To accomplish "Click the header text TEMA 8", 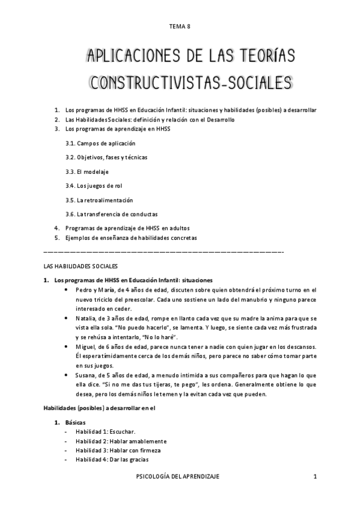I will point(180,26).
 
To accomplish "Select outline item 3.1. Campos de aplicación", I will point(100,143).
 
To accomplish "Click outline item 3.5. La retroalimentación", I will point(99,200).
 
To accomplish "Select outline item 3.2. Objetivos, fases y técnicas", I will point(106,157).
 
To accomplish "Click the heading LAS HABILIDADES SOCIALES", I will point(81,265).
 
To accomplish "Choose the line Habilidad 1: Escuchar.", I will point(105,432).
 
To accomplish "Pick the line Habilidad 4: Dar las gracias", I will point(109,459).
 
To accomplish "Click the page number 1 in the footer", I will point(314,476).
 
